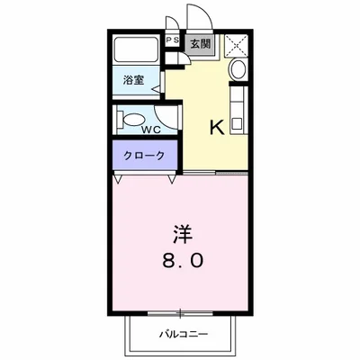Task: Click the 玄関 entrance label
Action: pyautogui.click(x=198, y=40)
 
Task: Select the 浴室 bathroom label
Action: pyautogui.click(x=132, y=80)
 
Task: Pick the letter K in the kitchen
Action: pyautogui.click(x=217, y=127)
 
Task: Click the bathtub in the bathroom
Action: pyautogui.click(x=138, y=51)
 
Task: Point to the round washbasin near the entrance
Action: pyautogui.click(x=238, y=71)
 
